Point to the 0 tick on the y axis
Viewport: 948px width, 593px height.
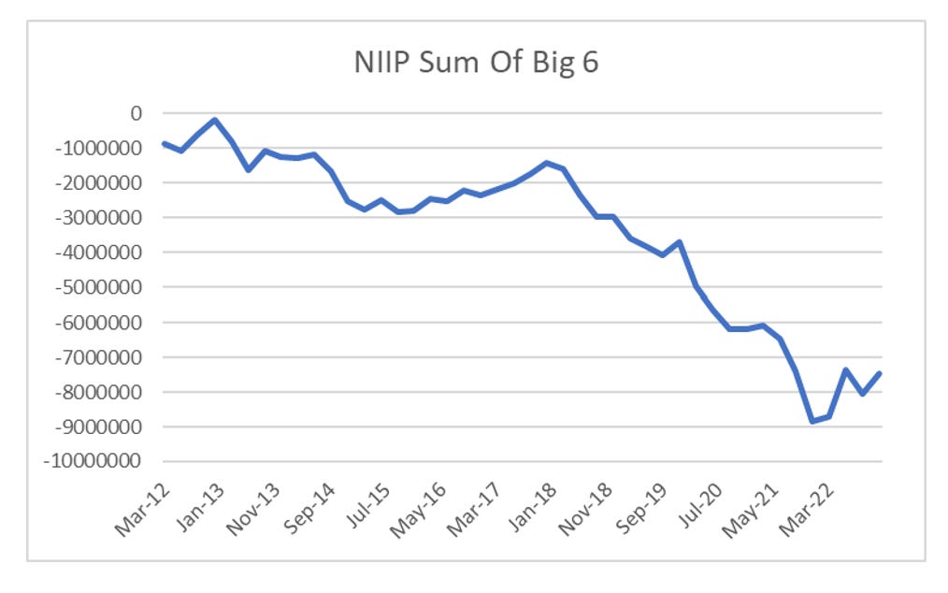(x=136, y=113)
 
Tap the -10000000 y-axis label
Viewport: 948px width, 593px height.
(x=95, y=461)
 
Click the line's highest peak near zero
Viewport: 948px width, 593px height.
(x=215, y=120)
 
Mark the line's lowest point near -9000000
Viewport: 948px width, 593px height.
(x=812, y=421)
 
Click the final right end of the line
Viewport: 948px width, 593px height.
(x=880, y=373)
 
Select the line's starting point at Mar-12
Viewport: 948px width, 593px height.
(x=164, y=143)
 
